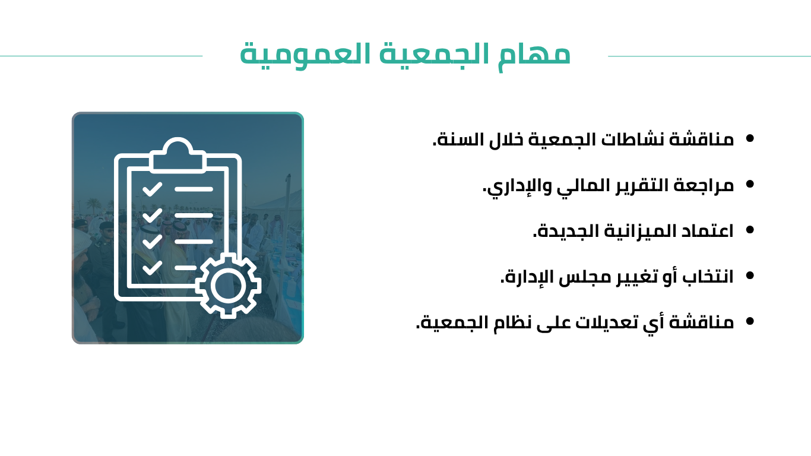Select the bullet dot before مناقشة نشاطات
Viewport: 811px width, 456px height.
click(750, 138)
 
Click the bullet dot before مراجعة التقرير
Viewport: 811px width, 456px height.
click(750, 184)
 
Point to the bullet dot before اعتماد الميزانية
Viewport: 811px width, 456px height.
click(750, 230)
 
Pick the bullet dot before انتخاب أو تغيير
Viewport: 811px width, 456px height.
click(750, 275)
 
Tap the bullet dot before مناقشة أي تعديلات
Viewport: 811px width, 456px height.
click(750, 321)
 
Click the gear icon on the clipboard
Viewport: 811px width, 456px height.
click(228, 285)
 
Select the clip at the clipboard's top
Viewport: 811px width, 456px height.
click(178, 155)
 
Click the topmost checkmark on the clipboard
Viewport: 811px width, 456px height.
click(152, 189)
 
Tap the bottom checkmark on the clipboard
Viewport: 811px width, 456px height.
click(152, 268)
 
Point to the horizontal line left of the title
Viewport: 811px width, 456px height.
click(102, 56)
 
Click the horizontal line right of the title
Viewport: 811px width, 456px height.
click(709, 56)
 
